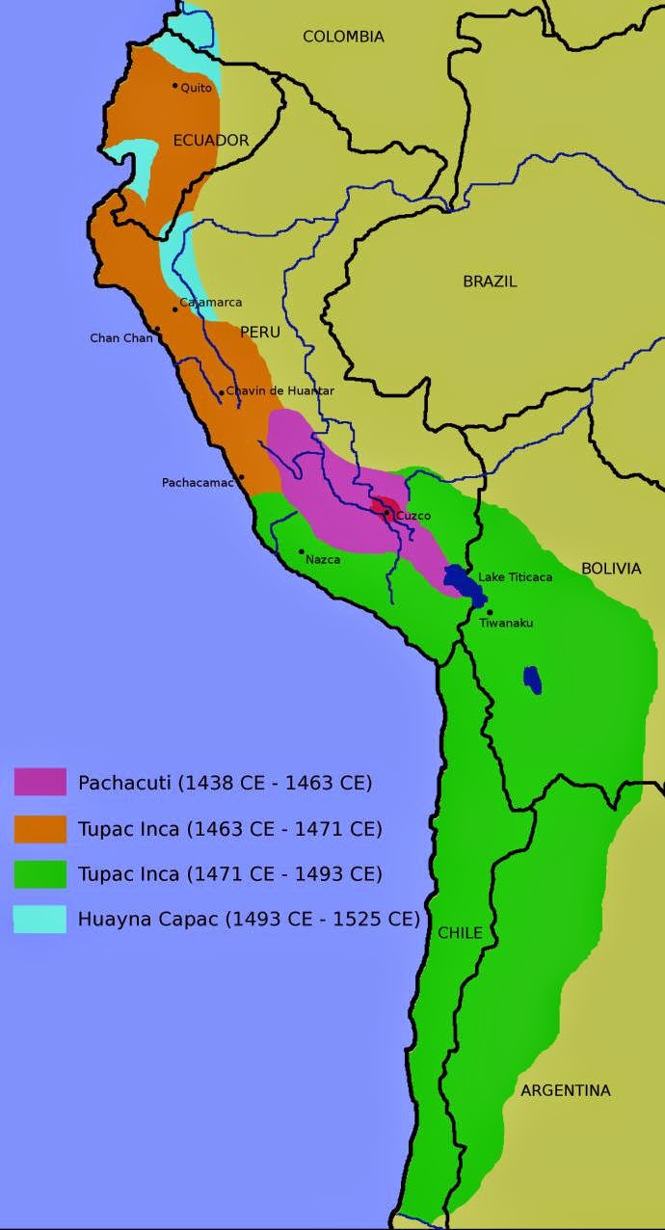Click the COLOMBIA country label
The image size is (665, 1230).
pos(343,37)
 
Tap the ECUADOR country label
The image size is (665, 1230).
pos(211,141)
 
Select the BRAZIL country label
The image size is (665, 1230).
pos(490,281)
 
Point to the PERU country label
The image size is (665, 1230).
pos(259,332)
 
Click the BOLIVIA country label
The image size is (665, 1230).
pos(610,569)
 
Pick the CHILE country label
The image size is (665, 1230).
pos(460,933)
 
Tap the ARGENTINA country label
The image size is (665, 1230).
pos(565,1090)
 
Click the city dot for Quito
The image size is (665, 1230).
pos(175,86)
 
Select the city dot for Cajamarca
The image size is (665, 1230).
pos(175,308)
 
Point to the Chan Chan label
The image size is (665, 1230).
pos(120,338)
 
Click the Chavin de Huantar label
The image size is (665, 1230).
pos(280,390)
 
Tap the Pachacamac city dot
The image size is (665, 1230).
pos(242,477)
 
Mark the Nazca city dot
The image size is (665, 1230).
pos(302,552)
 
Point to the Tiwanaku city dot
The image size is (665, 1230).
pos(490,612)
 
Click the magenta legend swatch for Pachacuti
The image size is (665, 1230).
pos(40,782)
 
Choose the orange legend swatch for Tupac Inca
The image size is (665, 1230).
pos(40,828)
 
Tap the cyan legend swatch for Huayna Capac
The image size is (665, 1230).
pos(40,920)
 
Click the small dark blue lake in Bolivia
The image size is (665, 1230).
pos(532,680)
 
